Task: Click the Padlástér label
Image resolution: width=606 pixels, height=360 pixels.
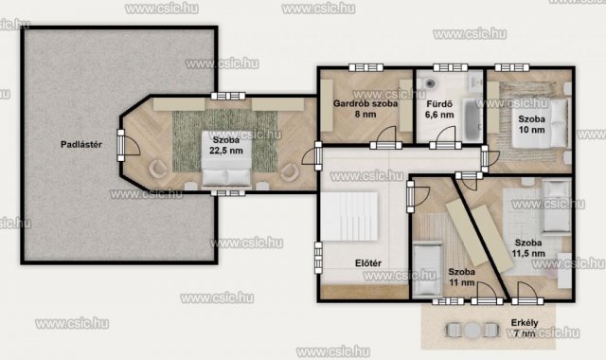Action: coord(81,145)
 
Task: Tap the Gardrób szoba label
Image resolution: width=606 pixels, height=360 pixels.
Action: coord(365,103)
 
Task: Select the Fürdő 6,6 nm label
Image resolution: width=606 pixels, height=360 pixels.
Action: coord(439,110)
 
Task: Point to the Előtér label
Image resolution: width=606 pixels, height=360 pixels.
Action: coord(368,263)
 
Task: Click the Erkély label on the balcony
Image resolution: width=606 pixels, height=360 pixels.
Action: coord(525,322)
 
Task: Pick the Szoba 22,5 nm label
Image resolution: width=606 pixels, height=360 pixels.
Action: coord(226,145)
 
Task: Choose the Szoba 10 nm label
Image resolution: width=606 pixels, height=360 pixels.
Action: coord(532,124)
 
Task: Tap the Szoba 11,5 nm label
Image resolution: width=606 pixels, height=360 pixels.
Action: coord(528,248)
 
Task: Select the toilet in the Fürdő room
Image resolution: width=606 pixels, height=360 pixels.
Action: coord(429,81)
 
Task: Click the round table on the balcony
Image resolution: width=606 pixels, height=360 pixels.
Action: coord(472,331)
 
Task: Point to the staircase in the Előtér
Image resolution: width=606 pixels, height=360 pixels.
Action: coord(349,217)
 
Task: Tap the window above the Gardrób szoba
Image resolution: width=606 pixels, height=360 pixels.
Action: coord(366,67)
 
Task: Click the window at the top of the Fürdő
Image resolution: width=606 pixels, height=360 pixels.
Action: coord(451,67)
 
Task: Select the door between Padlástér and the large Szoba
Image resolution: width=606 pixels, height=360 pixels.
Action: coord(128,145)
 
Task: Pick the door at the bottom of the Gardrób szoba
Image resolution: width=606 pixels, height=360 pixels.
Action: coord(385,138)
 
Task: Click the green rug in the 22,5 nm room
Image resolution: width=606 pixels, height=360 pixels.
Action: coord(225,141)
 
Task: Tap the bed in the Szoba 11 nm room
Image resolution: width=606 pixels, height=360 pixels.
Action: coord(427,269)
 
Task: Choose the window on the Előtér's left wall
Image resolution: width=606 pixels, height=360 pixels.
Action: coord(318,258)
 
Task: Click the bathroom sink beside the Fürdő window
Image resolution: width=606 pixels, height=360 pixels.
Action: coord(475,81)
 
